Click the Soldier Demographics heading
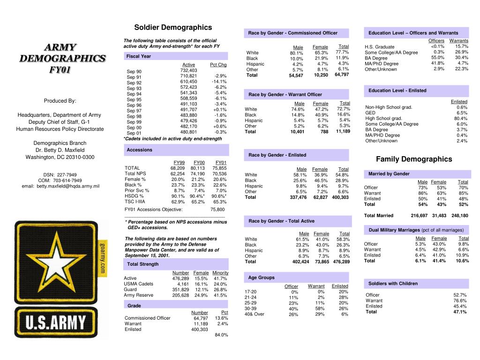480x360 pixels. (173, 28)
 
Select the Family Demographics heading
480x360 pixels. (414, 159)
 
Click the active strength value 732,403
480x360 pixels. (188, 70)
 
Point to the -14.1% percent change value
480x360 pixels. (219, 82)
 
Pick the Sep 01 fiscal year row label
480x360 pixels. (134, 133)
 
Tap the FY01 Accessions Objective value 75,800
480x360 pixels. (217, 210)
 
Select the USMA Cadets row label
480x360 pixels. (138, 284)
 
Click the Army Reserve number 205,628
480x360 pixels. (180, 295)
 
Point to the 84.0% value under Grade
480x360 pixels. (221, 335)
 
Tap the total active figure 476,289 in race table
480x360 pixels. (341, 262)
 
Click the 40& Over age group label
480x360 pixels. (254, 314)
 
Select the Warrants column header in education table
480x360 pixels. (458, 41)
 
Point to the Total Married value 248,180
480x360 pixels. (459, 216)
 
